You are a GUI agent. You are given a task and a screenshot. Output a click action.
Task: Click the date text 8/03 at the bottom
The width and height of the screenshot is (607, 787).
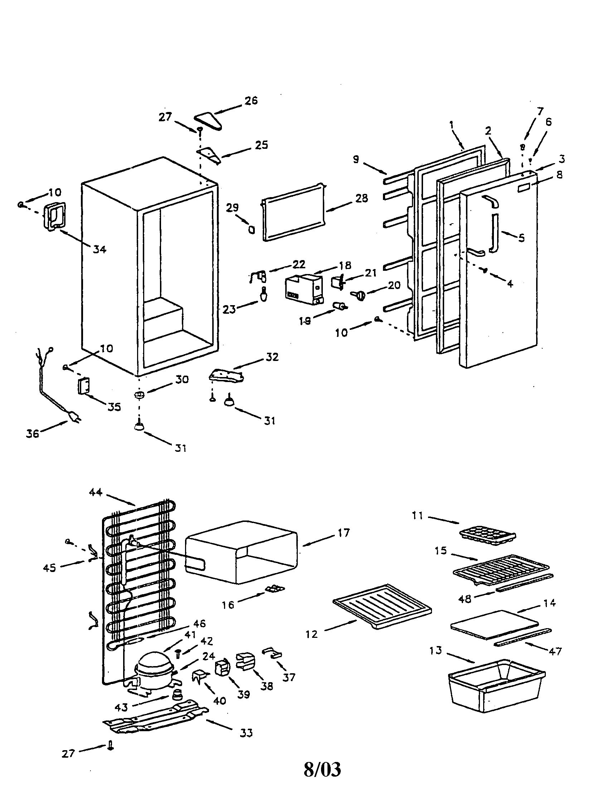[x=322, y=770]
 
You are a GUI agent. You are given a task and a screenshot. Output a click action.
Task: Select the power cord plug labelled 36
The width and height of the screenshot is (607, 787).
[x=74, y=417]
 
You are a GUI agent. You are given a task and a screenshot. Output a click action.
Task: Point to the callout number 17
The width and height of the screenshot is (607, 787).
[x=344, y=533]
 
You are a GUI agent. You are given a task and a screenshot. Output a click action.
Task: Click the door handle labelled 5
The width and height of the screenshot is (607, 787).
[x=494, y=233]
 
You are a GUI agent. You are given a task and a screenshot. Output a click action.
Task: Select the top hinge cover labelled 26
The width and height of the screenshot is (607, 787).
[x=208, y=121]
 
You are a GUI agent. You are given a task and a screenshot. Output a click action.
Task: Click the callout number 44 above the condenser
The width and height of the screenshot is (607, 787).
[x=96, y=492]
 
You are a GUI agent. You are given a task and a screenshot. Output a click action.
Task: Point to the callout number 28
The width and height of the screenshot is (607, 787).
[x=361, y=198]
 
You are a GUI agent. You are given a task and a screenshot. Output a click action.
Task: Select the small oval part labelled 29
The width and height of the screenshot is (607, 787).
[x=252, y=230]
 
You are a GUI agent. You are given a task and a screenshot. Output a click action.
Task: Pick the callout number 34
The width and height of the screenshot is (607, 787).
[x=100, y=249]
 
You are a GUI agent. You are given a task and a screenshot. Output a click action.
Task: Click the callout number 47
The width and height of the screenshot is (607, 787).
[x=555, y=651]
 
